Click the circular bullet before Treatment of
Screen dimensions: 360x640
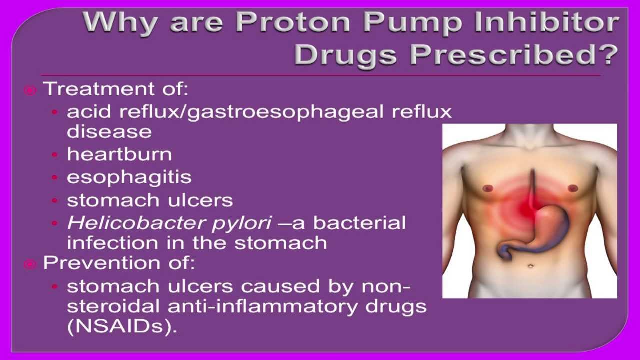coord(30,90)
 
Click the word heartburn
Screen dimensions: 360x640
coord(119,154)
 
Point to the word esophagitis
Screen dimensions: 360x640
coord(129,177)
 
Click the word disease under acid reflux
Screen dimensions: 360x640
coord(109,132)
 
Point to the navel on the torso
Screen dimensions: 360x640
coord(530,266)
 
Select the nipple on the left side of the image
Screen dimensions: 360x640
coord(487,188)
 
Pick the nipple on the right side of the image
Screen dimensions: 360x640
coord(573,188)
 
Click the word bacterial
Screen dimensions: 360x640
coord(359,223)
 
